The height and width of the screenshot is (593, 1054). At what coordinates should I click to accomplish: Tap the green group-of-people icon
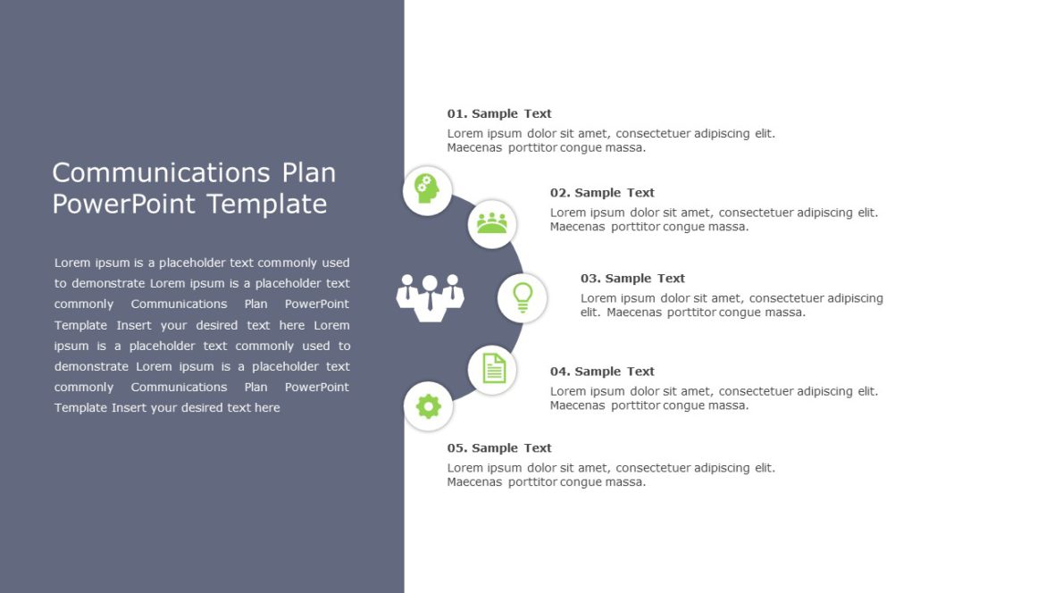click(491, 223)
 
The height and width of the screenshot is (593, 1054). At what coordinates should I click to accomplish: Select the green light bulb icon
click(522, 297)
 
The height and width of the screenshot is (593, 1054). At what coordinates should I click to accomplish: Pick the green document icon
click(493, 369)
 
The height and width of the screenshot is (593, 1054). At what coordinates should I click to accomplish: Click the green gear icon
click(429, 406)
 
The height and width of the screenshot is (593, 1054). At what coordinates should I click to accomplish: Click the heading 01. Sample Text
click(499, 113)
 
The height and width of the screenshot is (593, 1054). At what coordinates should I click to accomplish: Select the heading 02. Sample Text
click(602, 192)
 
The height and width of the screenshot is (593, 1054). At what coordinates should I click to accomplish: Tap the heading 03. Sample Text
click(632, 278)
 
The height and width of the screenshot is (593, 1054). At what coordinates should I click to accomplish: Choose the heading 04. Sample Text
click(602, 371)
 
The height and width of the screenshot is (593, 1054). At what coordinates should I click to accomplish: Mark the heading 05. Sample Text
click(499, 447)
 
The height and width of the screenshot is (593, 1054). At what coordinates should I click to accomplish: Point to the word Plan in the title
click(309, 172)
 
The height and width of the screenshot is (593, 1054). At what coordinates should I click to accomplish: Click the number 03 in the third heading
click(589, 278)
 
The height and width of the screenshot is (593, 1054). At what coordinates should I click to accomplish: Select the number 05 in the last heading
click(456, 447)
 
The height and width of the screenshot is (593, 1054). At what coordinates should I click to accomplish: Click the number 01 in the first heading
click(456, 113)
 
